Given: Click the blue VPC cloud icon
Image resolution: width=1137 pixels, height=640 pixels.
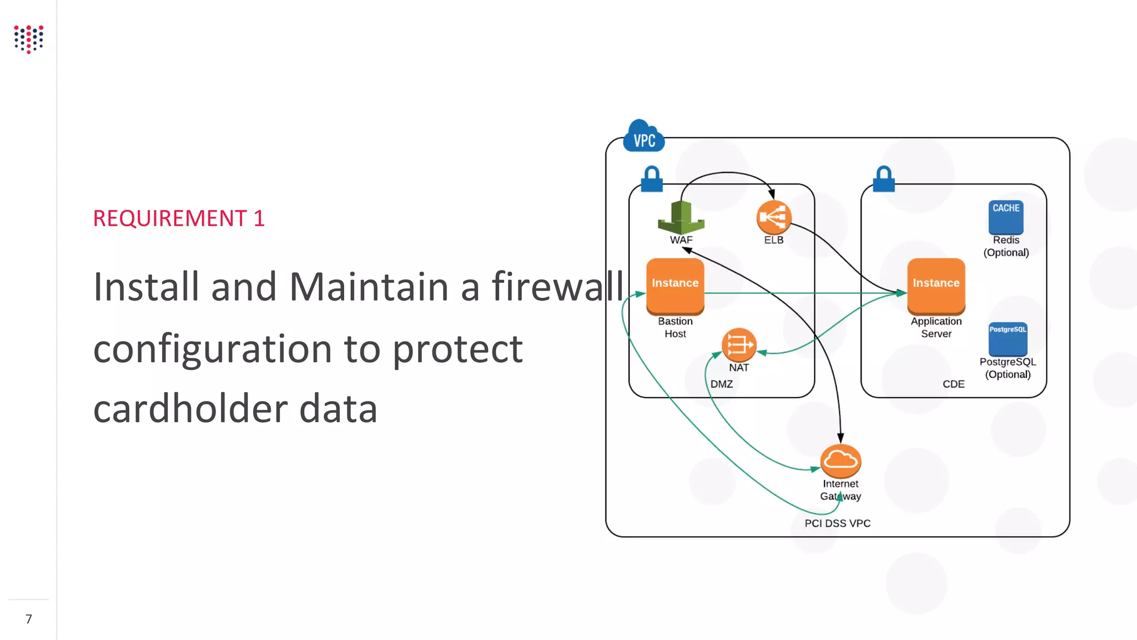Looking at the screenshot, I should click(643, 137).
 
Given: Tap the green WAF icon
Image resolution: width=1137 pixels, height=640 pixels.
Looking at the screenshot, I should click(681, 218).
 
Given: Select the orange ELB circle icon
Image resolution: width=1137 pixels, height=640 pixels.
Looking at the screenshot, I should click(773, 217).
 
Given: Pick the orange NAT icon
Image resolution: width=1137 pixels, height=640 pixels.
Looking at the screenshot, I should click(738, 345).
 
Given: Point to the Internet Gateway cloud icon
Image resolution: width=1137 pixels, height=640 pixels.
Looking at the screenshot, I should click(841, 461).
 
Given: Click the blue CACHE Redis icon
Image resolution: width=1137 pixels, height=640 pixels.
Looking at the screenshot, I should click(1005, 217).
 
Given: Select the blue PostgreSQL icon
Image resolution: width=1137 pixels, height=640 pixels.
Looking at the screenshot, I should click(1008, 339).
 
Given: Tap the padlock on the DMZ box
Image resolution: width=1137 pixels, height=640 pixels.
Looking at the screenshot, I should click(652, 179).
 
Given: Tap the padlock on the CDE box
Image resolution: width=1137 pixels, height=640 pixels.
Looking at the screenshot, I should click(883, 179).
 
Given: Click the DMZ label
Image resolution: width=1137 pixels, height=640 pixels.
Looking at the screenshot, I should click(721, 384).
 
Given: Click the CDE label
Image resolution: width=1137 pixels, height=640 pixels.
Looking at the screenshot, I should click(953, 384).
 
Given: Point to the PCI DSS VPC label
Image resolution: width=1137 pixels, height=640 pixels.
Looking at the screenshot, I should click(837, 523).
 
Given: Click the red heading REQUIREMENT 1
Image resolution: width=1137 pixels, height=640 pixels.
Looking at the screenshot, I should click(179, 218).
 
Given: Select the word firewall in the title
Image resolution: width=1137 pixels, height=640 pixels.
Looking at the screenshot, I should click(557, 287).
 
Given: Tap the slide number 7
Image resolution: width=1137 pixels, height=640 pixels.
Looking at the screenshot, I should click(29, 619).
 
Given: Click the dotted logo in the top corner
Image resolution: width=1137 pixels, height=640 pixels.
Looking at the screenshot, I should click(29, 39).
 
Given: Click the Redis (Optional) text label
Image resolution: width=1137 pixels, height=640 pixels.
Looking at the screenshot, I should click(1006, 246).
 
